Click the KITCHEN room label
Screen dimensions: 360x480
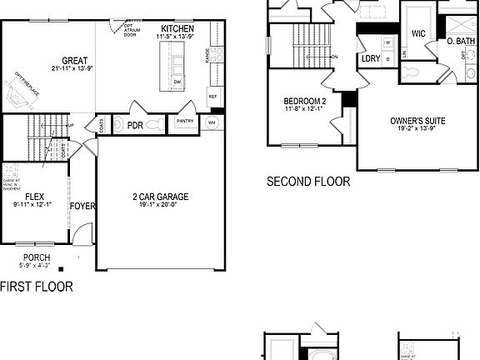click(177, 28)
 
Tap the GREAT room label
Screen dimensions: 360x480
click(74, 60)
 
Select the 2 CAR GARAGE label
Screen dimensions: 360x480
click(161, 197)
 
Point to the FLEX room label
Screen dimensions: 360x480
click(34, 197)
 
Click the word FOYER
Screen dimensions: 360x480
click(82, 205)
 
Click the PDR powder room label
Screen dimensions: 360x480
click(133, 125)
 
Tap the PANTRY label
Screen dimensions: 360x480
click(184, 121)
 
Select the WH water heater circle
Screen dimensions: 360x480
click(211, 122)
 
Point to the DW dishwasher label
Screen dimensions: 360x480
click(177, 82)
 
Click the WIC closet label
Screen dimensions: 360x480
click(418, 34)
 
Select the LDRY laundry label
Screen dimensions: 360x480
click(370, 59)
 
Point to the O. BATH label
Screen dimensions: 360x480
click(460, 41)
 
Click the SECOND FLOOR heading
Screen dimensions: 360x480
click(307, 181)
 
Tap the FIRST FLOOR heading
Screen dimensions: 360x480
click(36, 287)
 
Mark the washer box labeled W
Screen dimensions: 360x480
click(387, 41)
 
